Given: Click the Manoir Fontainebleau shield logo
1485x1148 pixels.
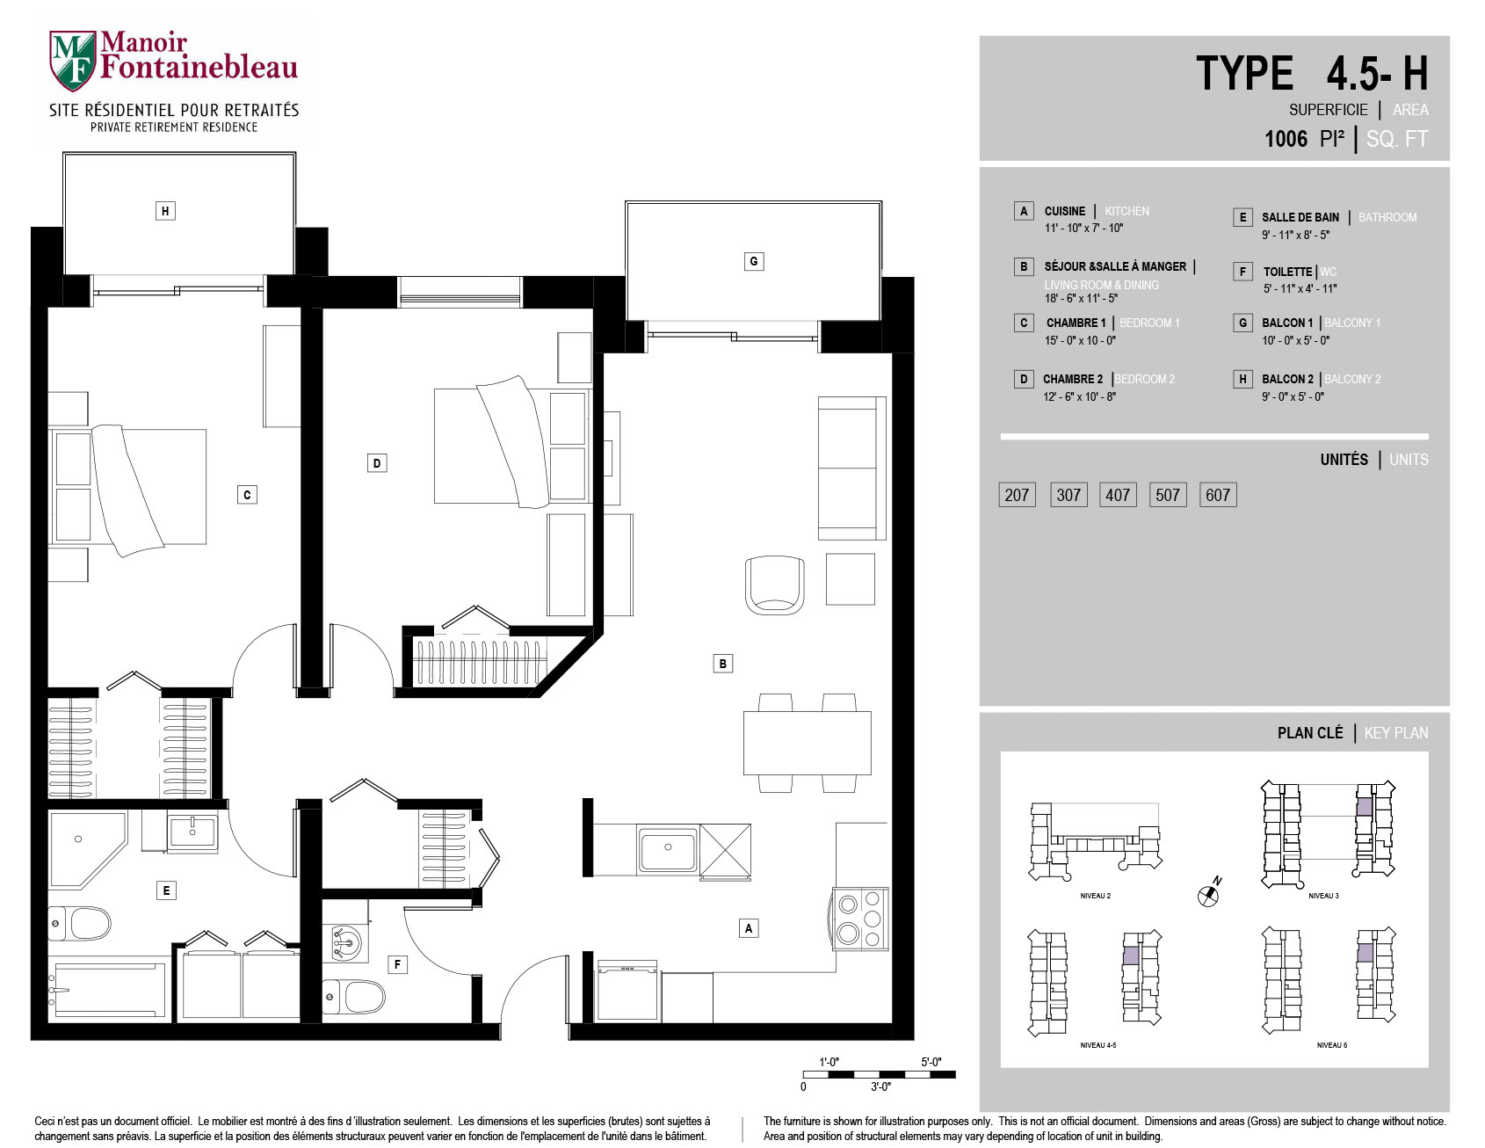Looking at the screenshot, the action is (x=73, y=61).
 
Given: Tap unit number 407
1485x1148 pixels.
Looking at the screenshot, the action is (x=1118, y=495).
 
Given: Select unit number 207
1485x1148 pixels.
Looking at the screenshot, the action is (x=1017, y=495).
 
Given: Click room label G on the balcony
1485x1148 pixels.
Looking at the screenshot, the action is (x=753, y=261).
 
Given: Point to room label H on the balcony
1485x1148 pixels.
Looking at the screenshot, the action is (x=165, y=211).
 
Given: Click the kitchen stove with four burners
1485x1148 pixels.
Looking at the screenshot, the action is (x=859, y=919).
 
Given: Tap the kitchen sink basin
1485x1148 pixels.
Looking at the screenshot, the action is (x=668, y=850).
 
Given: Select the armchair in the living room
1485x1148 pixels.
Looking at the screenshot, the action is (x=774, y=585).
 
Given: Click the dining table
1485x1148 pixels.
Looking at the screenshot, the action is (x=807, y=743).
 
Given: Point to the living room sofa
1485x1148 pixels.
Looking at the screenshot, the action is (x=851, y=468).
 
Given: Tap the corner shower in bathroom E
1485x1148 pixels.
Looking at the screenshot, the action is (x=86, y=850).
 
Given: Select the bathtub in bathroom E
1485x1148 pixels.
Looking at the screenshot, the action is (x=109, y=989).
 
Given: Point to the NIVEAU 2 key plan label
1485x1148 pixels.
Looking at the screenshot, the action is (x=1095, y=896).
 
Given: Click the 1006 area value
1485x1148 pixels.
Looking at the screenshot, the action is (x=1286, y=139).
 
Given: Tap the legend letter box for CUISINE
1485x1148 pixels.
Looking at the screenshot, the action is (x=1023, y=211).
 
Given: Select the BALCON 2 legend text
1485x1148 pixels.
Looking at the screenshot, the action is (x=1287, y=379).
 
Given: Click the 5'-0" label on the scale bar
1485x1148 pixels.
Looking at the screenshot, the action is (x=931, y=1062).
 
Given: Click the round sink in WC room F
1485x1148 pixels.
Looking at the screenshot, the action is (x=345, y=944).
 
